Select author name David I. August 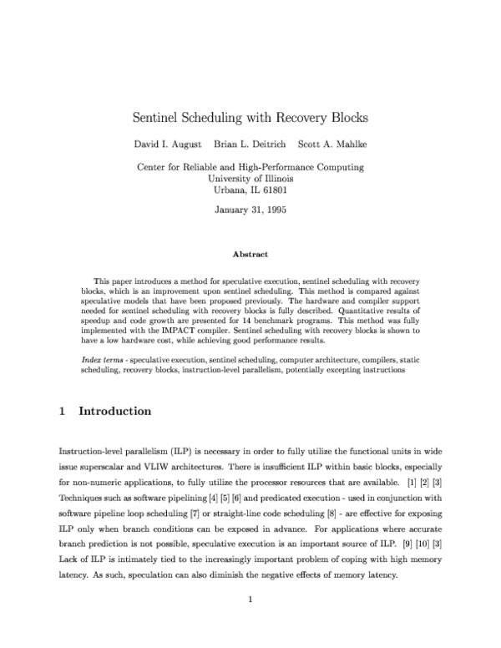pos(170,144)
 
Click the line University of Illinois pos(250,178)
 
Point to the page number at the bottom pos(250,622)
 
